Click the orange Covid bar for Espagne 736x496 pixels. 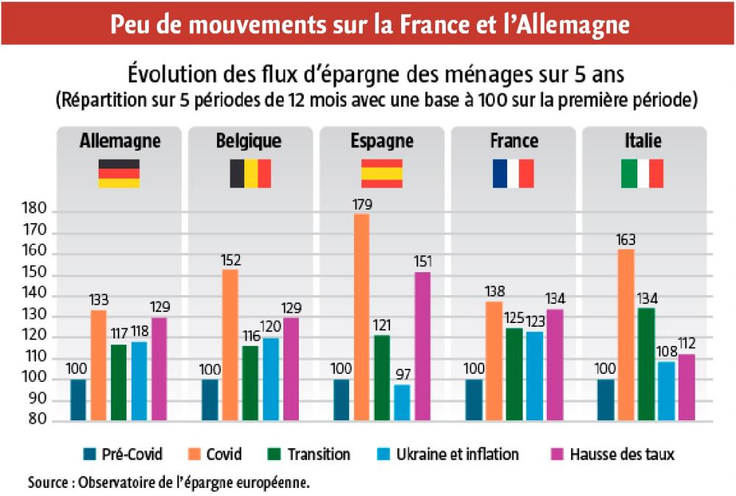click(x=361, y=317)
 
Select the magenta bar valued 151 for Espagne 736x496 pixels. click(x=422, y=346)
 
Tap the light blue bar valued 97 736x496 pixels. click(x=402, y=402)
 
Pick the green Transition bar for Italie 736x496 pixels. click(x=645, y=364)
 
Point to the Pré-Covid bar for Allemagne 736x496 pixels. click(x=78, y=400)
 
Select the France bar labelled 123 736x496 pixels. click(x=534, y=375)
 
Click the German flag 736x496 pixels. click(x=118, y=173)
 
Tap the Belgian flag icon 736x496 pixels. click(x=250, y=173)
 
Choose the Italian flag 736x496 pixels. click(x=643, y=173)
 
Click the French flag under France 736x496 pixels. click(x=513, y=173)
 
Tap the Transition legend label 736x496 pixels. click(x=319, y=454)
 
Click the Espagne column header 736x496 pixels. click(x=381, y=141)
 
